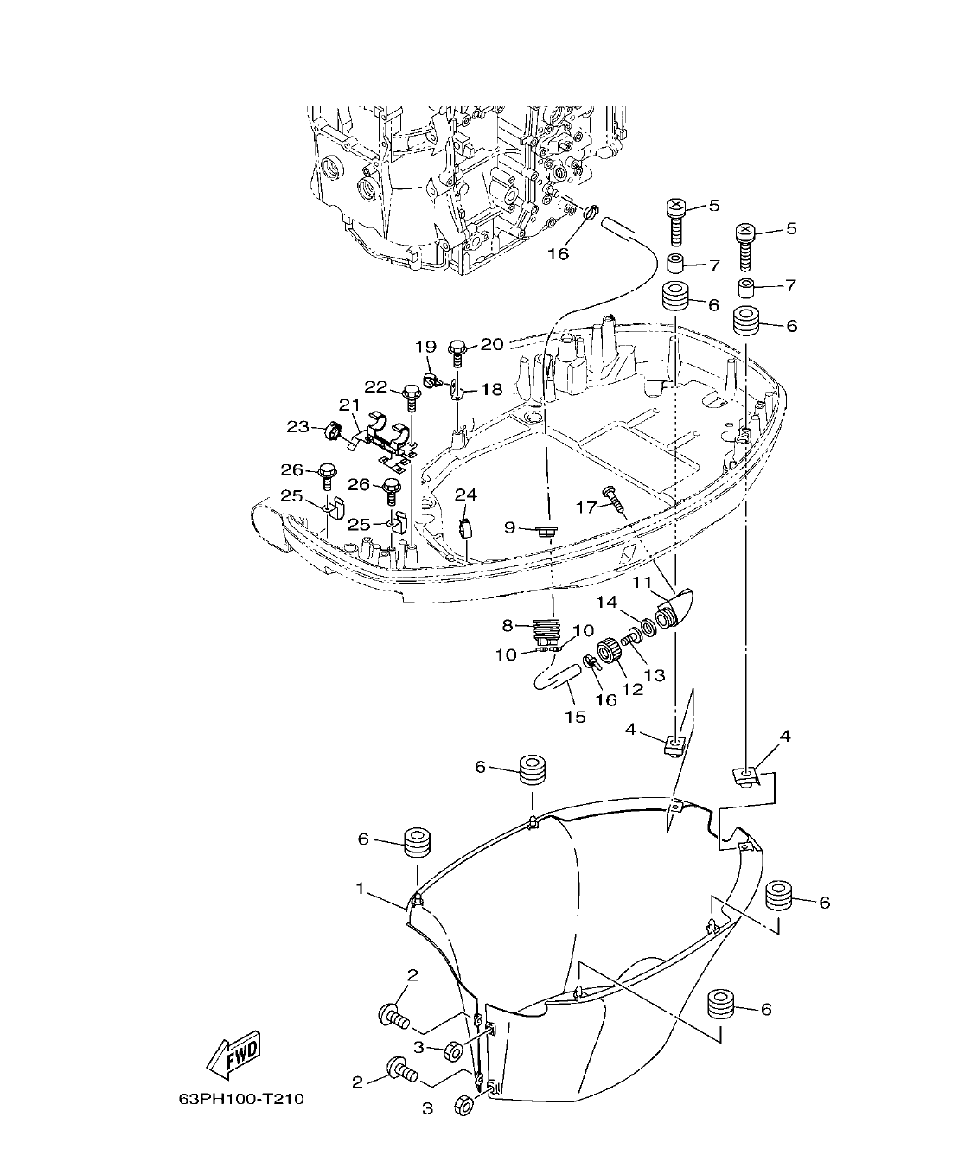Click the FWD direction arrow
coord(233,1052)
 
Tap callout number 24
coord(466,495)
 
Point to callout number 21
coord(348,405)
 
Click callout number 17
coord(586,507)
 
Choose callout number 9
coord(509,527)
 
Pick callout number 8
coord(508,623)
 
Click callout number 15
coord(575,716)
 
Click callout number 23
coord(297,426)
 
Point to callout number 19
coord(425,347)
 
